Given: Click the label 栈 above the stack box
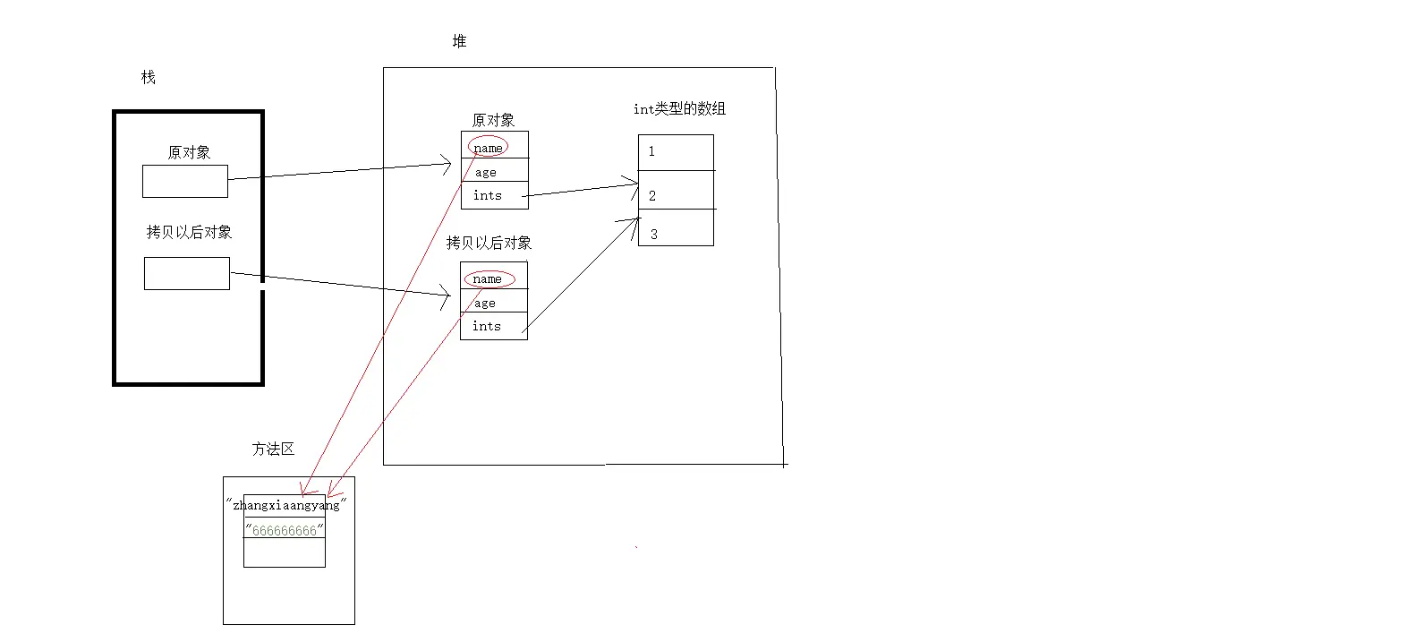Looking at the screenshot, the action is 149,78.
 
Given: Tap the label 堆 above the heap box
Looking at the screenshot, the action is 459,41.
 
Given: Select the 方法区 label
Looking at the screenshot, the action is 273,449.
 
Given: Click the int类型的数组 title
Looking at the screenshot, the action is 679,108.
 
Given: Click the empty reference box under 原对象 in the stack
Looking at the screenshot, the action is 185,181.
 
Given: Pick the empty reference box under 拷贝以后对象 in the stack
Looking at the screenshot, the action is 186,273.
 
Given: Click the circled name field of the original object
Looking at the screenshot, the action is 488,147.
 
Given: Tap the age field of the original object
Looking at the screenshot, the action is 486,172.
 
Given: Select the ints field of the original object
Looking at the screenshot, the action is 488,195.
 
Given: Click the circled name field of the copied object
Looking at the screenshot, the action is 488,278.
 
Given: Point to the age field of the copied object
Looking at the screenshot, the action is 485,303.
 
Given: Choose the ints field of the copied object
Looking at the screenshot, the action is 487,326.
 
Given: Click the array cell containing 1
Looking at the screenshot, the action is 676,152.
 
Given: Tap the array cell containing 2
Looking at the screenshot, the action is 676,192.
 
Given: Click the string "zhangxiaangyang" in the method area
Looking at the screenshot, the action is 285,505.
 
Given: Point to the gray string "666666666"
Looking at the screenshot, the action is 285,530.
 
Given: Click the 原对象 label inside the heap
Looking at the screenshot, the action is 493,120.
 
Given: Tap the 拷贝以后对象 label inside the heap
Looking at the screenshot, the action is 489,243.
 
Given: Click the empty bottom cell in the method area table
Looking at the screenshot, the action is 285,552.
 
